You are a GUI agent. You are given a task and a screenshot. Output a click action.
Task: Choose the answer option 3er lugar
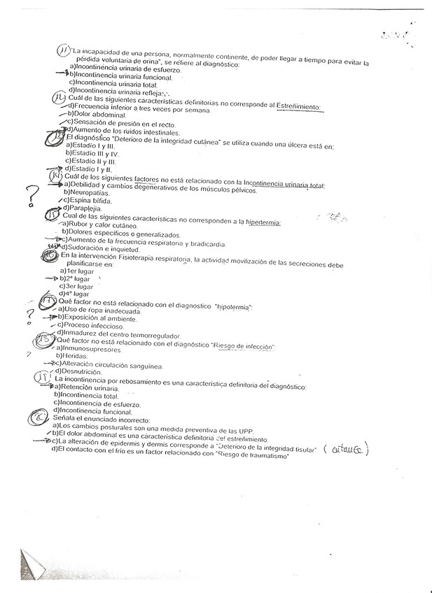(81, 286)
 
